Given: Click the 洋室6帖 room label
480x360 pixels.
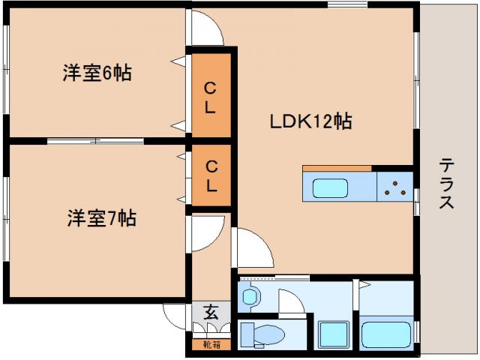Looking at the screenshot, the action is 97,73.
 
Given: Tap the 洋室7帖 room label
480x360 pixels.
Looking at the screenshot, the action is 102,218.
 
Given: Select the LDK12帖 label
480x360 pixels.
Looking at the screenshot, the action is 310,121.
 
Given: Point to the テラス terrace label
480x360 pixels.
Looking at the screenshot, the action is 447,183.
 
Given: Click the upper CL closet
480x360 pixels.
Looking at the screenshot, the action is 211,95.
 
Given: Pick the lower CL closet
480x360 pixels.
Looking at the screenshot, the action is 211,175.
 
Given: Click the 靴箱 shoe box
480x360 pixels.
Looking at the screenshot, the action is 211,345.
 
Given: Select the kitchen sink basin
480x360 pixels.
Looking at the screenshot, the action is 330,188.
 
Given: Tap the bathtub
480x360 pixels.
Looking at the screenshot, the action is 386,334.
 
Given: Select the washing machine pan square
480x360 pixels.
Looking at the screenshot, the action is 334,334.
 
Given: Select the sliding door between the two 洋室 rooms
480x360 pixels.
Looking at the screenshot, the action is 95,141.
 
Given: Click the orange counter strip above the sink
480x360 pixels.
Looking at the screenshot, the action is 337,168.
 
